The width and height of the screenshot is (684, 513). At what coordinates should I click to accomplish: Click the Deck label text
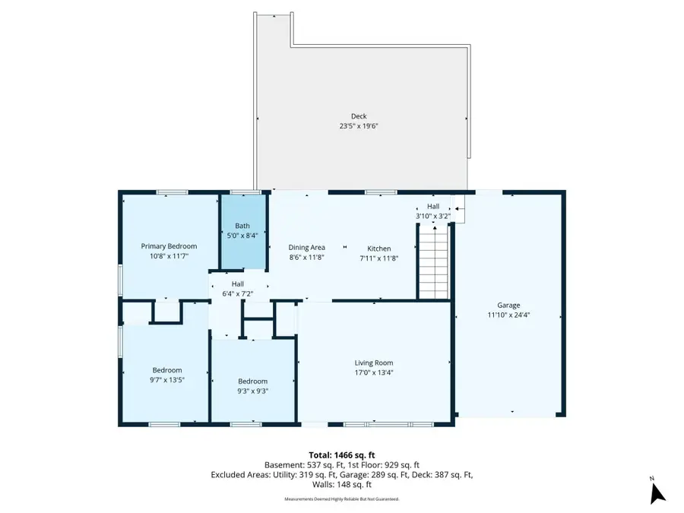pyautogui.click(x=359, y=116)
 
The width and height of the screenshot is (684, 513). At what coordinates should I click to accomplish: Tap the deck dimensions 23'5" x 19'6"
pyautogui.click(x=359, y=126)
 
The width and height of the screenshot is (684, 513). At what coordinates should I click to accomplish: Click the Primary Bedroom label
pyautogui.click(x=169, y=246)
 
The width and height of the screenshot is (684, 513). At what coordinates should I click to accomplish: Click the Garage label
pyautogui.click(x=508, y=305)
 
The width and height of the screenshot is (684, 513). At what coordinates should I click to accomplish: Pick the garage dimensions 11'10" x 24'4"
pyautogui.click(x=508, y=315)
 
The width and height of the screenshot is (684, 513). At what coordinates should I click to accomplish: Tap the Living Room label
pyautogui.click(x=374, y=363)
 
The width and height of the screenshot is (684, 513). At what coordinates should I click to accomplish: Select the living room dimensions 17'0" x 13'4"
pyautogui.click(x=374, y=372)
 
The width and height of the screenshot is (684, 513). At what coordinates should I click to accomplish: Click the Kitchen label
pyautogui.click(x=379, y=249)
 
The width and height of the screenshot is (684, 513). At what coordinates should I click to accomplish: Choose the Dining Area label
pyautogui.click(x=307, y=248)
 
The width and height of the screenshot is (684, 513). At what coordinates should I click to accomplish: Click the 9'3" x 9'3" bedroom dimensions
pyautogui.click(x=252, y=391)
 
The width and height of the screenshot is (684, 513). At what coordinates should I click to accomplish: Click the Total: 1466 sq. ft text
pyautogui.click(x=341, y=454)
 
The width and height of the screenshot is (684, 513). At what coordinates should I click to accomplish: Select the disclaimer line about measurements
pyautogui.click(x=341, y=499)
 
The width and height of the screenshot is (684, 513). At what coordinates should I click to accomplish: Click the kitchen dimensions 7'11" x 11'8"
pyautogui.click(x=379, y=258)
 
